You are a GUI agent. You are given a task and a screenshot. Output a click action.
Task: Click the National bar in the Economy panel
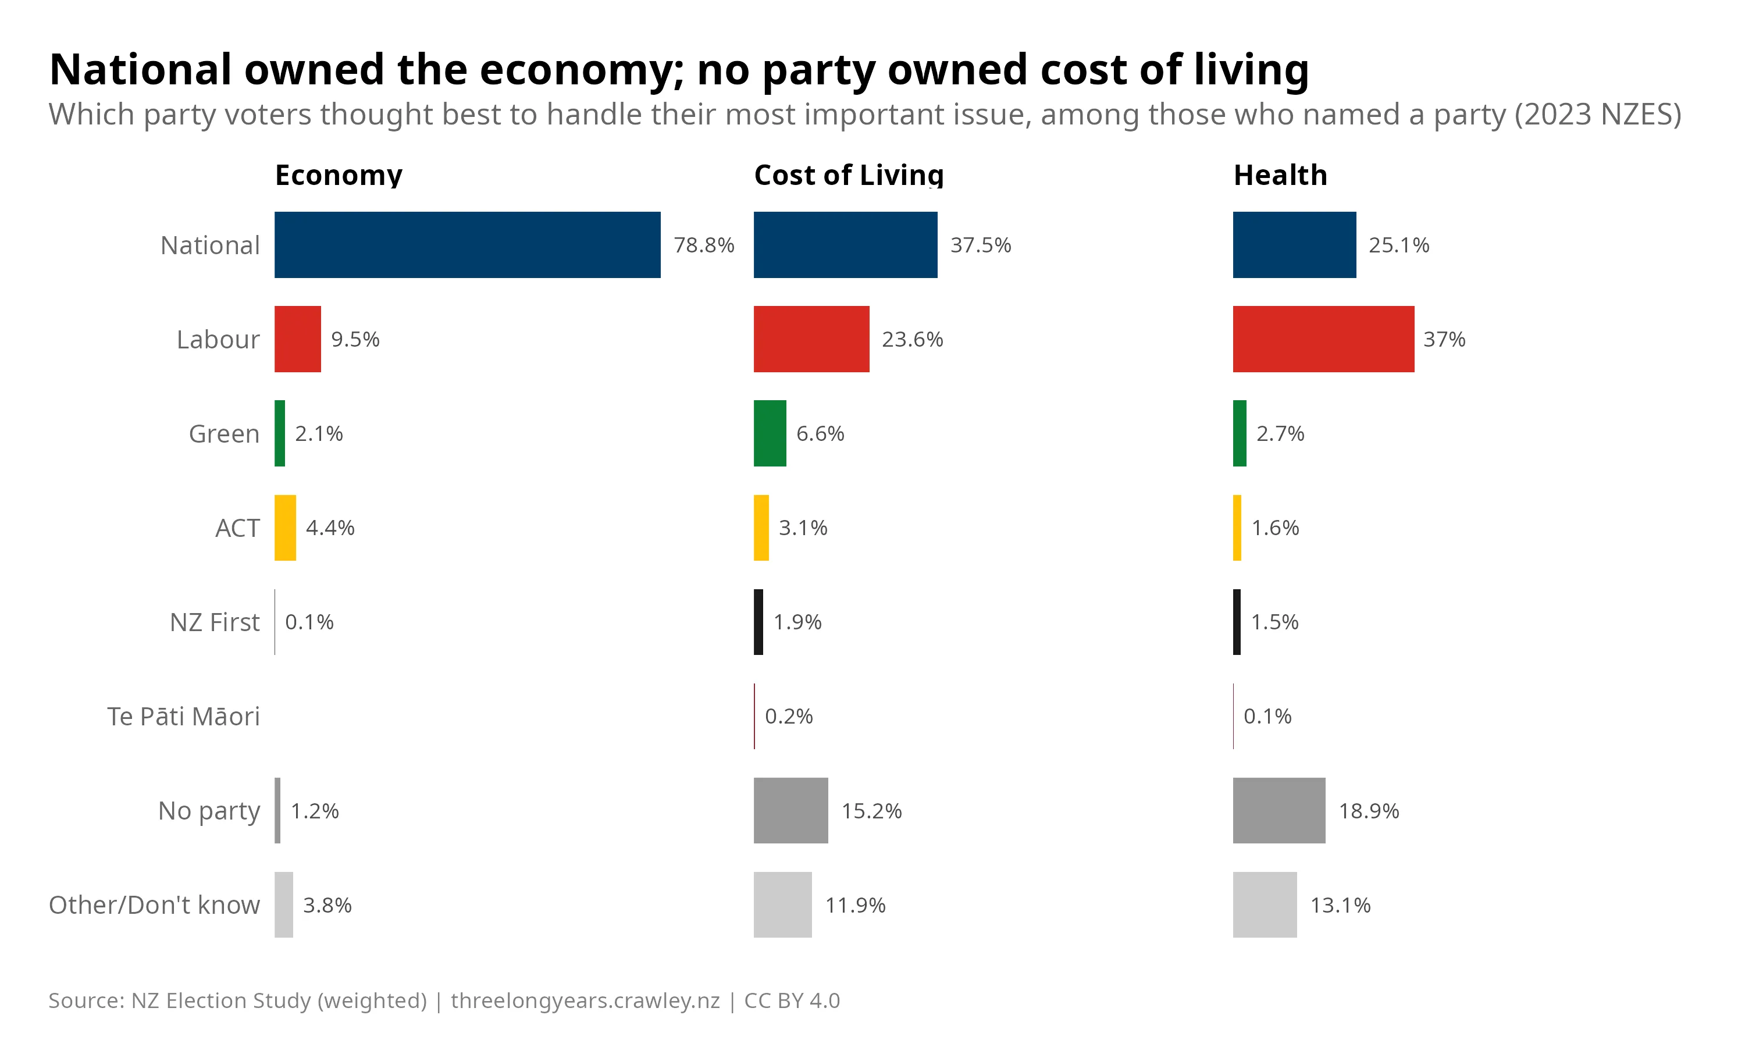[467, 244]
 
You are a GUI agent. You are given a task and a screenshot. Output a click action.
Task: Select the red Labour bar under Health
[1323, 339]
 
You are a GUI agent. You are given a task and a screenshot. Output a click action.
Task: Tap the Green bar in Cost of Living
[770, 433]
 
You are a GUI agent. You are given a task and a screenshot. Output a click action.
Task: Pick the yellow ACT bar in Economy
[285, 528]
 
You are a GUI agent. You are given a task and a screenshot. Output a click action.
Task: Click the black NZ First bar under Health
[1237, 622]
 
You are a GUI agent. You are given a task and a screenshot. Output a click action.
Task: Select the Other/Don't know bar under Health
[1265, 904]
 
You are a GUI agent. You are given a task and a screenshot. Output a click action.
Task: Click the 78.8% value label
[704, 245]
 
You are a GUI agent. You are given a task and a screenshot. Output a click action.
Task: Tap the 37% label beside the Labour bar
[1444, 339]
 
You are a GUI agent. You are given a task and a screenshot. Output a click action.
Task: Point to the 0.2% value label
[789, 716]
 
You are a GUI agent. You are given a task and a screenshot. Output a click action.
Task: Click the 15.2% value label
[871, 811]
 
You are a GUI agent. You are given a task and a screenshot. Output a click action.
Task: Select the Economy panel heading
[339, 175]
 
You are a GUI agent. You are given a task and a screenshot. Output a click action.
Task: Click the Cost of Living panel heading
[849, 175]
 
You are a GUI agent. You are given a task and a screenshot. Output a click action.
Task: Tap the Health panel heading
[1280, 175]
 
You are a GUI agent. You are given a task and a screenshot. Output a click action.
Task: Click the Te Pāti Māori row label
[183, 716]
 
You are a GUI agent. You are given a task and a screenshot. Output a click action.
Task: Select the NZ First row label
[215, 622]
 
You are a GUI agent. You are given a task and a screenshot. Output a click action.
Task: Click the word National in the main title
[140, 70]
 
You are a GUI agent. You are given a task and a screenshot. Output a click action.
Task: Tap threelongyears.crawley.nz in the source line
[585, 1000]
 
